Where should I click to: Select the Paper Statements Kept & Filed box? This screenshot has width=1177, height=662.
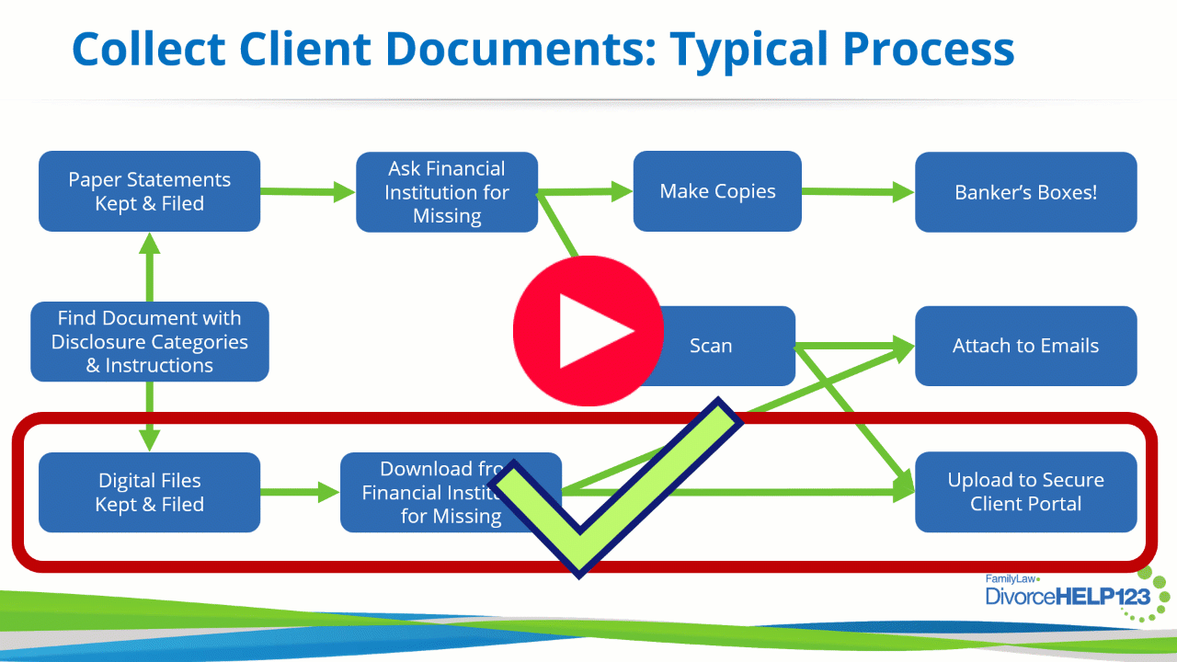pos(149,191)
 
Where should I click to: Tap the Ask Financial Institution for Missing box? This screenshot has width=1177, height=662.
pos(447,192)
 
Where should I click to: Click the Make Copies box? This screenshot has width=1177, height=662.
pos(717,191)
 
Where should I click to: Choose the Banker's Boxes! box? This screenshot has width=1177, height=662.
pos(1025,192)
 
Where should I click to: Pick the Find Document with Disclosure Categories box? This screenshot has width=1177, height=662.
pos(149,342)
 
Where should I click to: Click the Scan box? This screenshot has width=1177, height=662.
pos(726,346)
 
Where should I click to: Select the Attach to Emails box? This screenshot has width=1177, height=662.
pos(1025,346)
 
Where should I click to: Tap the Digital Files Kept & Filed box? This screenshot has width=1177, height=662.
pos(149,492)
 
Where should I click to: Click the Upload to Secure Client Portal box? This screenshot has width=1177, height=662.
pos(1025,492)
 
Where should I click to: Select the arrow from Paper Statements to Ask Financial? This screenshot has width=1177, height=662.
pos(308,191)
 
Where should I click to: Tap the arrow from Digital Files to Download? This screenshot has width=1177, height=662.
pos(300,492)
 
